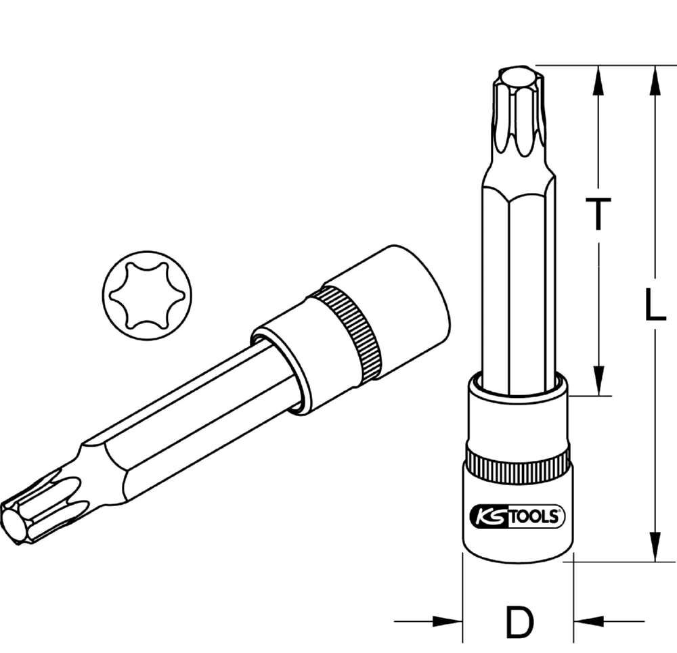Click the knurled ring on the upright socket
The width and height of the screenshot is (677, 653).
pos(519,466)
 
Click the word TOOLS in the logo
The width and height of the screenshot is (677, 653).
pos(535,517)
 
